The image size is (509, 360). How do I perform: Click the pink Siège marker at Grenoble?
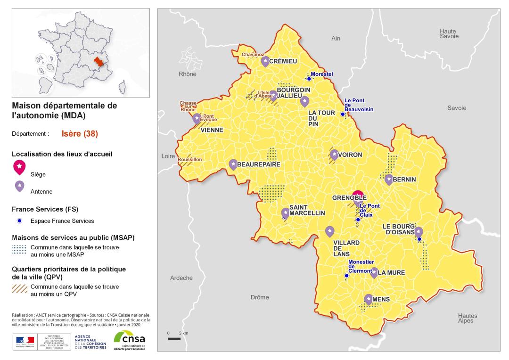358,195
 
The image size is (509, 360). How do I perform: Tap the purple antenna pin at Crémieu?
265,61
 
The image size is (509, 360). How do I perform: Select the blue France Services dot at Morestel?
309,79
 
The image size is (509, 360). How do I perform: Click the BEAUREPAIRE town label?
258,164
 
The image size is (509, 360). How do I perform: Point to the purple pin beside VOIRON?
334,154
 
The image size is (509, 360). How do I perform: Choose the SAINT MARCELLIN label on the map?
307,210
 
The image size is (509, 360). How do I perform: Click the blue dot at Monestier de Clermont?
346,276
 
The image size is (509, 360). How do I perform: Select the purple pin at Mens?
368,299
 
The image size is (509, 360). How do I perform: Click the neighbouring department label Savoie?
456,108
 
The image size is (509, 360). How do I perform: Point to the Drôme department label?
260,297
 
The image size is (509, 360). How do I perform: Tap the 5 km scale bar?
174,338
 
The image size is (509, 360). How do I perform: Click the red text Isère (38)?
80,133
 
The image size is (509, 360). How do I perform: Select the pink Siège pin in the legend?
19,166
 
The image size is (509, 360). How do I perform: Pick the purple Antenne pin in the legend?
19,186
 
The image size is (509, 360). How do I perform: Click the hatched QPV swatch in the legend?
19,289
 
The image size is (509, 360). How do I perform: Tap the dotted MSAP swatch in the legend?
19,250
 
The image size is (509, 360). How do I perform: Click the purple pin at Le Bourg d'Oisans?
418,232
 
